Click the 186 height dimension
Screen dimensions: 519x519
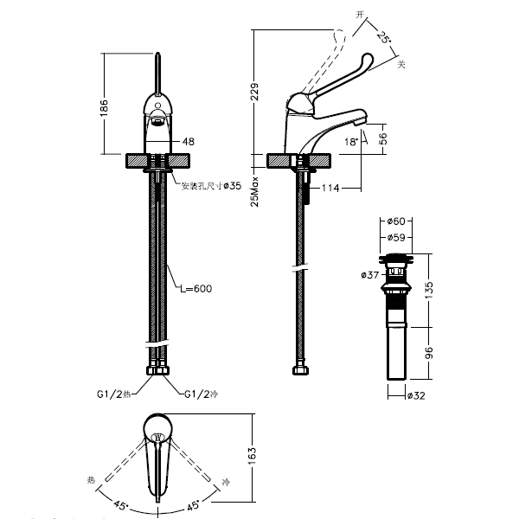(105, 107)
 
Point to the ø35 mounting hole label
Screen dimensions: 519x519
(232, 185)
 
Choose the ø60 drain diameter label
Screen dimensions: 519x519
(398, 222)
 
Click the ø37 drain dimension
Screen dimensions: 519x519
(368, 275)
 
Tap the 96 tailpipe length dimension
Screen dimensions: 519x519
(430, 353)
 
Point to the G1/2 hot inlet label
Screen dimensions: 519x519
(113, 395)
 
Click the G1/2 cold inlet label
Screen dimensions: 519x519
(202, 395)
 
